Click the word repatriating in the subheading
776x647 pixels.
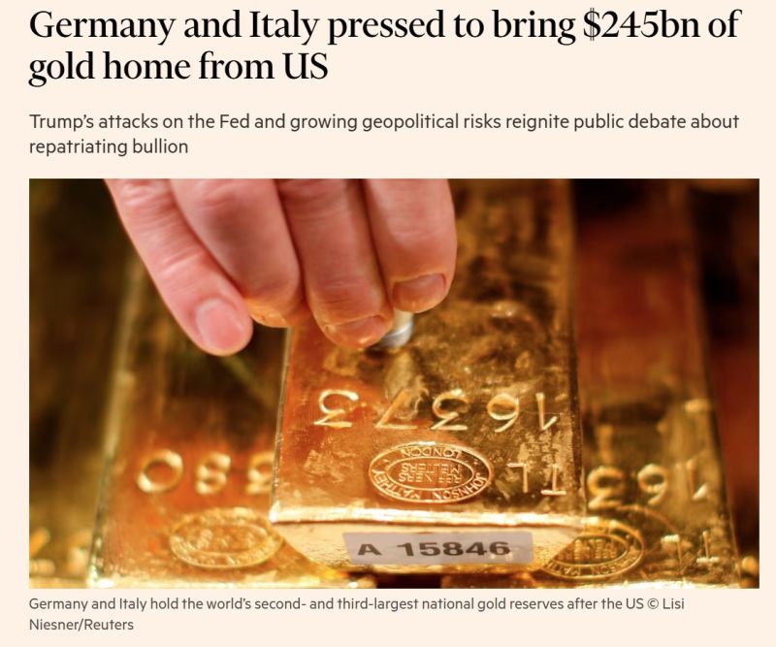81,146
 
